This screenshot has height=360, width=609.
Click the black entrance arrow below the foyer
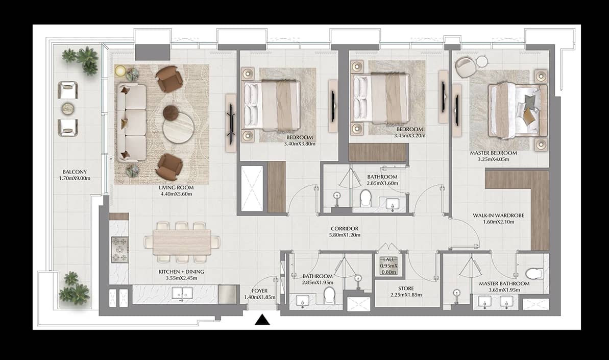coord(262,320)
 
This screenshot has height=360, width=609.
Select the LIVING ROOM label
coord(176,187)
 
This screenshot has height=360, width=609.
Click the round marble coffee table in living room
coord(178,128)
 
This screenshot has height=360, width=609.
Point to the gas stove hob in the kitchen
coord(119,250)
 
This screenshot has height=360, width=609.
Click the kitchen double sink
coord(181,293)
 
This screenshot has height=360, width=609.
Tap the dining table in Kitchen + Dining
coord(182,242)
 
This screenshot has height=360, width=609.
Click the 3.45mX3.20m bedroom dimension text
coord(408,136)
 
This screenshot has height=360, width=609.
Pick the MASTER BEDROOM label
coord(493,153)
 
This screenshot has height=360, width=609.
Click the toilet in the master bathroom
coord(533,273)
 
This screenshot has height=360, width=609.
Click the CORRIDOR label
coord(345,228)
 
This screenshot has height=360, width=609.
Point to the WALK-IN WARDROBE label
coord(499,215)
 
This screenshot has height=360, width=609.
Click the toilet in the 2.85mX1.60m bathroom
coord(366,198)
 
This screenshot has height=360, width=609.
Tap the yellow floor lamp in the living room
coord(120,70)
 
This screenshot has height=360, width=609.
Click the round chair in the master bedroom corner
coord(465,66)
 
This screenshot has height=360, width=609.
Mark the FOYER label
coord(260,291)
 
